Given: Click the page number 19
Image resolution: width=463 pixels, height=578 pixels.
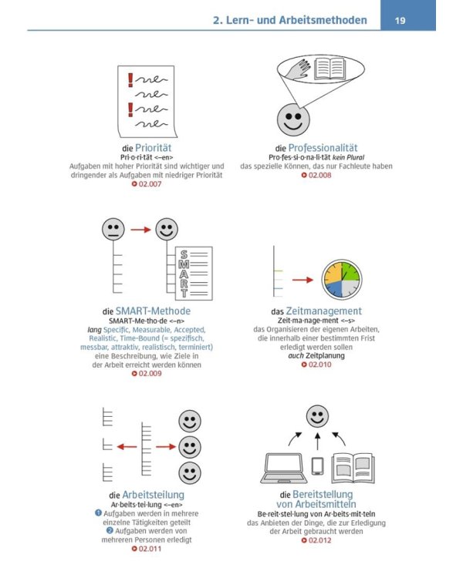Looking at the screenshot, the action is (x=400, y=20).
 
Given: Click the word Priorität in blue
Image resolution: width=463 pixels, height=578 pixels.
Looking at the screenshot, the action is (x=154, y=148).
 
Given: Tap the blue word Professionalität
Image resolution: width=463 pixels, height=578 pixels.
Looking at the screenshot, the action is (x=323, y=148).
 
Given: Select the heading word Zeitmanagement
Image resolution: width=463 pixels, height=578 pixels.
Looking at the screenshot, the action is (x=324, y=311).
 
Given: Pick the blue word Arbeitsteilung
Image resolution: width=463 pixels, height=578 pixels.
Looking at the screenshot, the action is (x=154, y=495).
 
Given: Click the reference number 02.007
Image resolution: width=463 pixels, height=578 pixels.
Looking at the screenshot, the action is (x=147, y=184).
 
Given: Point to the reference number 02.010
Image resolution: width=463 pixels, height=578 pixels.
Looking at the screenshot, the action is (x=316, y=365).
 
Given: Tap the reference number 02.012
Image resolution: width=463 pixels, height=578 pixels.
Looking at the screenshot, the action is (x=316, y=540).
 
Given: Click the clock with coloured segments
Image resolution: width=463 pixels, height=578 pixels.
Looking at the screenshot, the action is (x=342, y=280).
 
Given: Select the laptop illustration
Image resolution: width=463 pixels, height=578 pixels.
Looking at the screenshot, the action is (x=284, y=468).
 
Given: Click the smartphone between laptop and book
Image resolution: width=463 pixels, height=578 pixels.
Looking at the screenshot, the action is (x=317, y=466).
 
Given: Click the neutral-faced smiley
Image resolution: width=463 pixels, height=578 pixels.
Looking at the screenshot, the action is (x=113, y=229).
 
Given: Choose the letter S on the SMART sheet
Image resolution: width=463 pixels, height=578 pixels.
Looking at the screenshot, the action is (x=184, y=255).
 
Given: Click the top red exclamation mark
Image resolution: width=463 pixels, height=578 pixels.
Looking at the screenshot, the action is (x=130, y=80).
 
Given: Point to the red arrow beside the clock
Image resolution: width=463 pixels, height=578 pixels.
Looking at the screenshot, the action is (x=302, y=281).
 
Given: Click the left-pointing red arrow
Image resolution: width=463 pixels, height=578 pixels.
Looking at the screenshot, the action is (x=127, y=447).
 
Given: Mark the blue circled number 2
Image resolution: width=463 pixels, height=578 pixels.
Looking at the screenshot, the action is (x=110, y=530).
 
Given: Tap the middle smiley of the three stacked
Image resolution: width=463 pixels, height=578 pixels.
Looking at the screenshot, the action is (x=190, y=447).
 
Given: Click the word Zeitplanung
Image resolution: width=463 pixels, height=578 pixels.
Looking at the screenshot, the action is (x=325, y=356).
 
